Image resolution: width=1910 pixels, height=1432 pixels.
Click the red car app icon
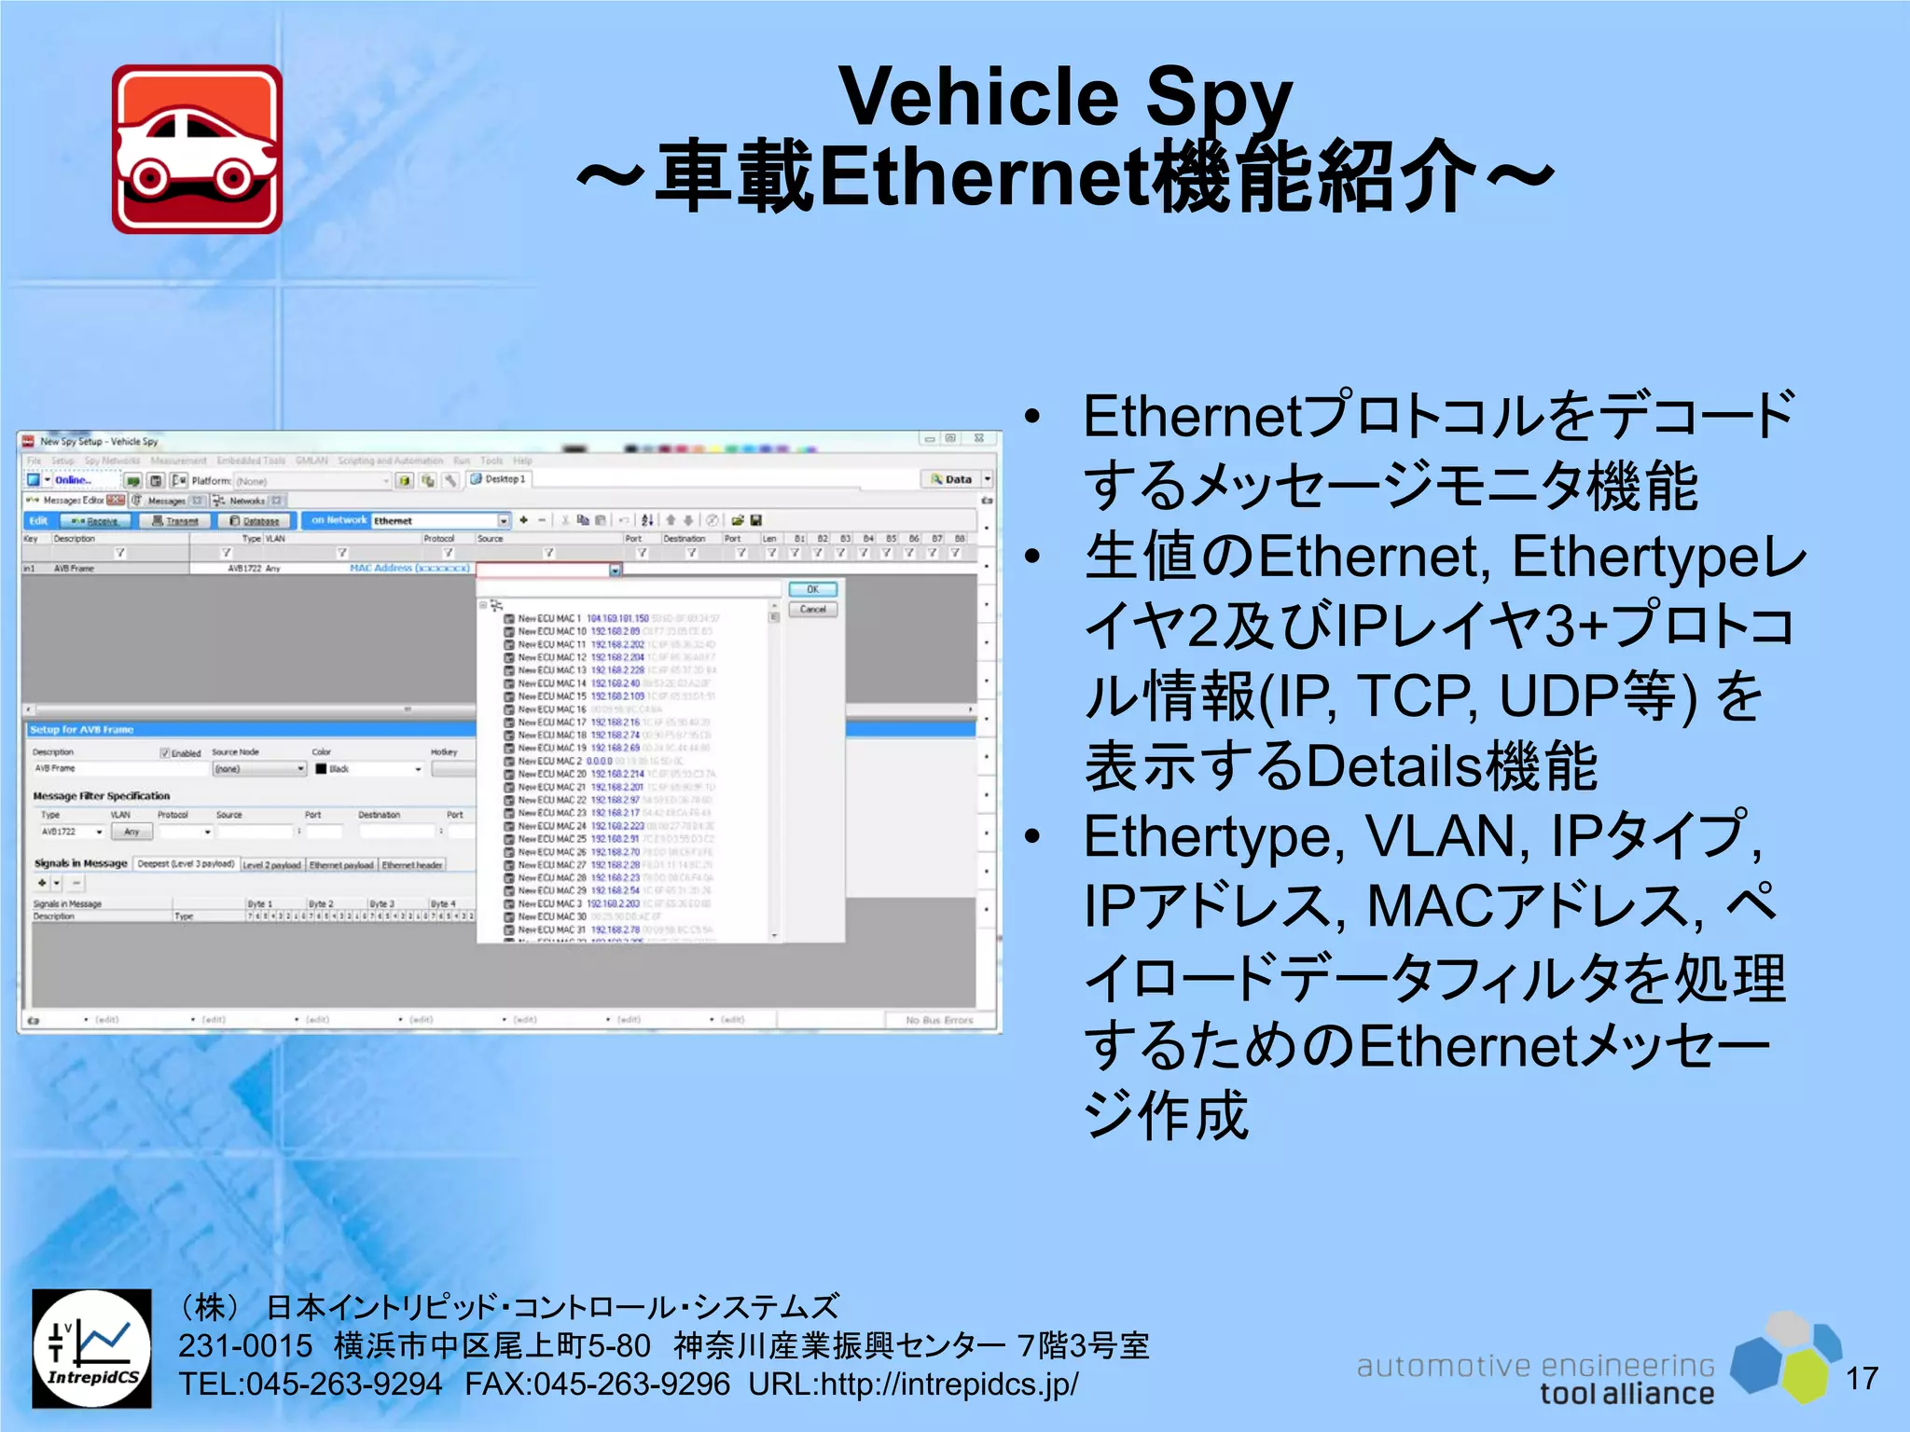coord(197,149)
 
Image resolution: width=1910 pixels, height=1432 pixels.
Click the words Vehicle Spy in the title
coord(1064,97)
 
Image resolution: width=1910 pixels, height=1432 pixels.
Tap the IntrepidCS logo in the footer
coord(91,1348)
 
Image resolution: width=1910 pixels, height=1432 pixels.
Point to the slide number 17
coord(1862,1378)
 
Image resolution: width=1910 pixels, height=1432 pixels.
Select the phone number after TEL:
coord(344,1384)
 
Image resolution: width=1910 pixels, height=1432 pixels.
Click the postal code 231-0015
coord(245,1346)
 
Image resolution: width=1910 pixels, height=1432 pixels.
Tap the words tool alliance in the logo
coord(1626,1394)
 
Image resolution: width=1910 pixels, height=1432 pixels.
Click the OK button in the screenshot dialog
coord(812,589)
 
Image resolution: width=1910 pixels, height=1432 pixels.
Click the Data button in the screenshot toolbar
coord(951,479)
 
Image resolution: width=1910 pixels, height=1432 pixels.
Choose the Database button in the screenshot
coord(255,521)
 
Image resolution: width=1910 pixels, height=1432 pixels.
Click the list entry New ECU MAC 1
coord(550,618)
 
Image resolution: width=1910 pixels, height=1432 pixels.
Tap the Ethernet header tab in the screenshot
coord(411,865)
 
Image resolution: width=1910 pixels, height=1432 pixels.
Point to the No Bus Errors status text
coord(938,1020)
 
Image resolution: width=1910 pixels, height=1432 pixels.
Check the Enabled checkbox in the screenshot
coord(165,752)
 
